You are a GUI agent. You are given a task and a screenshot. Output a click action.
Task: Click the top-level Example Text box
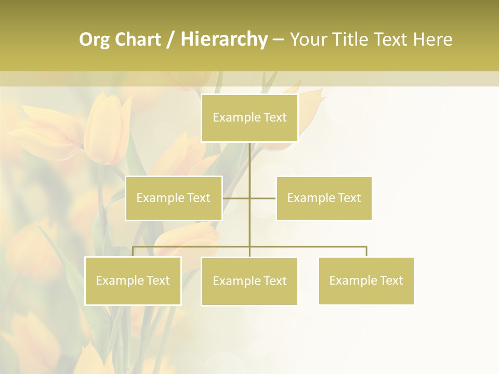click(x=249, y=118)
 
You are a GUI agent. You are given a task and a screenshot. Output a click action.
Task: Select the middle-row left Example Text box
click(x=174, y=198)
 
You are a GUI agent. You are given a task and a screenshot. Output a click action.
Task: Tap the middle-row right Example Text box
click(x=324, y=198)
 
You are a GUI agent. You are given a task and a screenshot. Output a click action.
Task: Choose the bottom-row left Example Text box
click(x=133, y=280)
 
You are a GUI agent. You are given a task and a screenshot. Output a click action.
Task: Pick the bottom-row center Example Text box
click(x=249, y=281)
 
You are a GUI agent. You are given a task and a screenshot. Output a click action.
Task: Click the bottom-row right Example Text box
click(x=366, y=280)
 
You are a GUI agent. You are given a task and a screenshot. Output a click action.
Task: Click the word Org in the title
click(x=93, y=39)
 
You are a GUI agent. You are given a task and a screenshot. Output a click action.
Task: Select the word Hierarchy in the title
click(x=224, y=39)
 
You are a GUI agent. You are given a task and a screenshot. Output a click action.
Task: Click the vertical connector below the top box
click(x=249, y=161)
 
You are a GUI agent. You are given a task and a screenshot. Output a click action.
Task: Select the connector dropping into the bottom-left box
click(x=133, y=251)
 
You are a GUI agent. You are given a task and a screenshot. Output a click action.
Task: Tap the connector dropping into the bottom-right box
click(x=366, y=251)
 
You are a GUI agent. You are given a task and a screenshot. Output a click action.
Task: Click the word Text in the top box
click(x=274, y=118)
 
